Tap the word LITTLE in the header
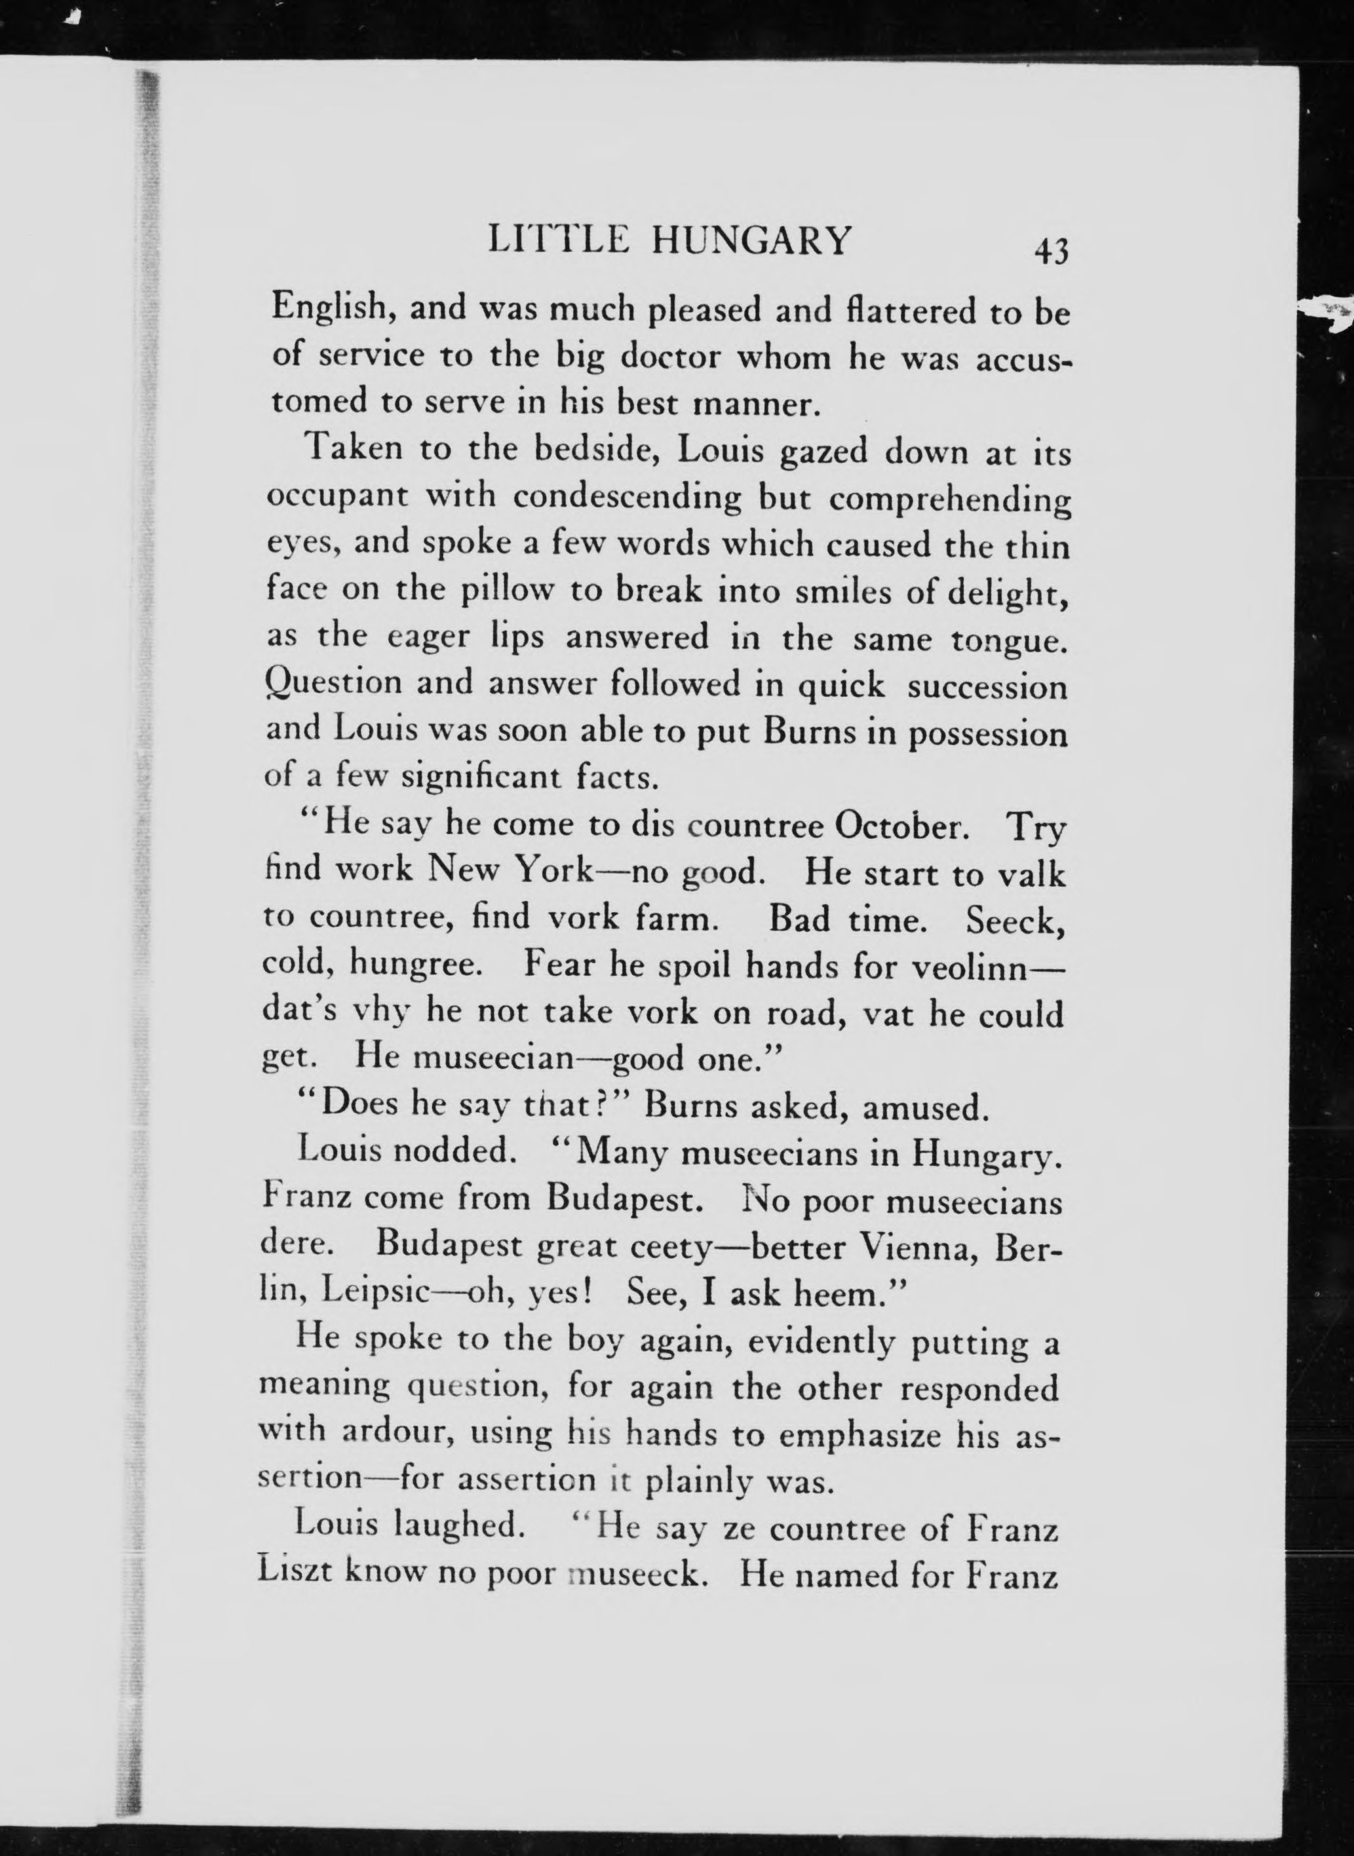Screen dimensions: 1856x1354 [558, 241]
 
